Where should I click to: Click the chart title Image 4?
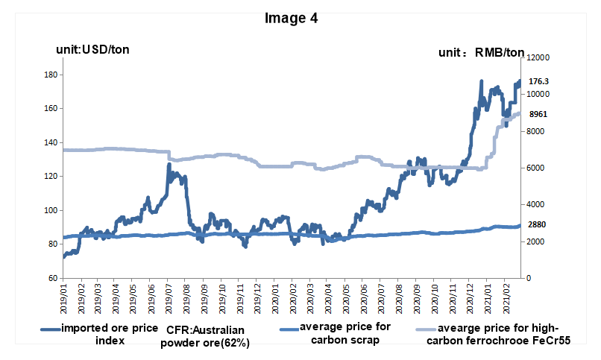pyautogui.click(x=292, y=19)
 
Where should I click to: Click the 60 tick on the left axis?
pyautogui.click(x=52, y=278)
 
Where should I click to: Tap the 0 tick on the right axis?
pyautogui.click(x=529, y=278)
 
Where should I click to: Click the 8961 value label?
pyautogui.click(x=538, y=115)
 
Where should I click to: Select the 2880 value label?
pyautogui.click(x=538, y=224)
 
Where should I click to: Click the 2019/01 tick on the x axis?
pyautogui.click(x=64, y=294)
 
